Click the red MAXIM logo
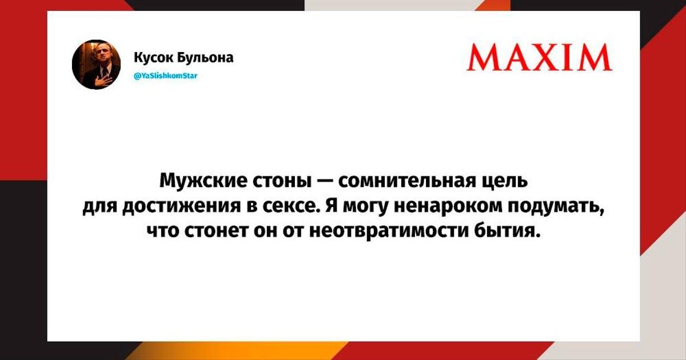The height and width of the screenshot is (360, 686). (540, 58)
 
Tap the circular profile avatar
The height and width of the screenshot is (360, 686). (96, 65)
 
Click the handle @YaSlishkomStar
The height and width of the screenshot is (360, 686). (166, 75)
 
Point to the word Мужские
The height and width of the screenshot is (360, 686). (203, 181)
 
